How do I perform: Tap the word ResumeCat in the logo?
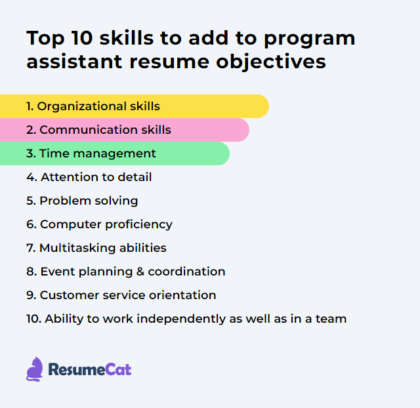[89, 369]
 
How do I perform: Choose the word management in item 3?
[116, 153]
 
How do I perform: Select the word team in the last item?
[332, 319]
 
